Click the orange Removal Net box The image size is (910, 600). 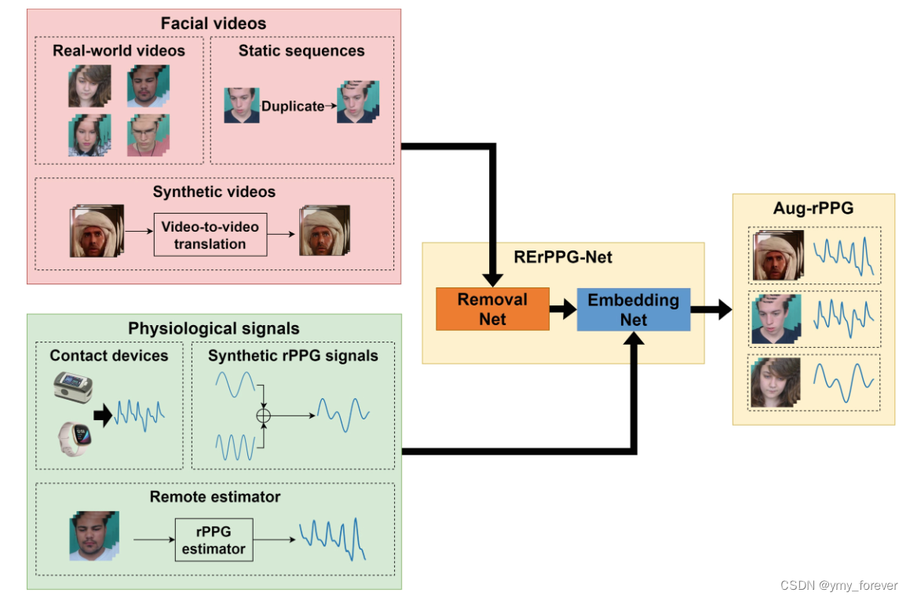pos(492,309)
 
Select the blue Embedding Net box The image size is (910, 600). pos(634,309)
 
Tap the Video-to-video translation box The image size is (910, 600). pos(210,234)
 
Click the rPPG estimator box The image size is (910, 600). pos(214,540)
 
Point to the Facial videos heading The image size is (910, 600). pos(214,24)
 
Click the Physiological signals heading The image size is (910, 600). pos(214,328)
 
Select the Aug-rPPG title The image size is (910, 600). pos(813,209)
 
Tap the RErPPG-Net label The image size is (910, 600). pos(562,257)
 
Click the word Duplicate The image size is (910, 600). pos(292,106)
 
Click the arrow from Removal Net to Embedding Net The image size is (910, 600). pos(562,309)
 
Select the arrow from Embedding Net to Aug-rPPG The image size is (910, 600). pos(711,309)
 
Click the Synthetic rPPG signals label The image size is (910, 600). pos(293,356)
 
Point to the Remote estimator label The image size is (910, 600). pos(214,496)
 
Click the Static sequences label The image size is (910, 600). pos(302,51)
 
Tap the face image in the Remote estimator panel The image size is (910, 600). pos(93,536)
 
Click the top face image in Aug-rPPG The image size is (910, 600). pos(777,255)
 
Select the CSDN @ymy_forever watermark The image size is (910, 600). pos(839,585)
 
